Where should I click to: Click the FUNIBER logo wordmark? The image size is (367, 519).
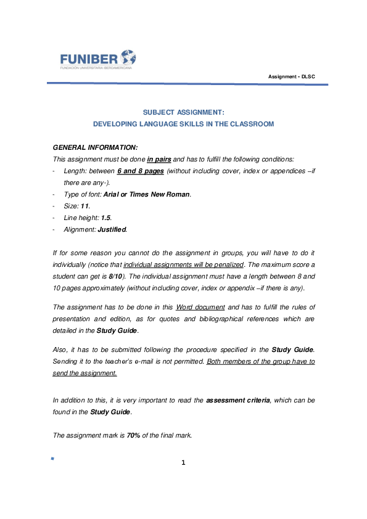pyautogui.click(x=88, y=59)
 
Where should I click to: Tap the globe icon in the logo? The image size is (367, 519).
pyautogui.click(x=128, y=57)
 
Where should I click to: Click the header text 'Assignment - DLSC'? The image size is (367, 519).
pyautogui.click(x=292, y=76)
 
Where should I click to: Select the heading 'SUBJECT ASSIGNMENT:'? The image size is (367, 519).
pyautogui.click(x=183, y=112)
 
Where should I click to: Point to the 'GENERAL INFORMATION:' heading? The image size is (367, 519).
pyautogui.click(x=96, y=148)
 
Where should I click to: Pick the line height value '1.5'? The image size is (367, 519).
pyautogui.click(x=105, y=218)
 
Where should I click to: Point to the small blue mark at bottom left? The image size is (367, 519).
pyautogui.click(x=52, y=459)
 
